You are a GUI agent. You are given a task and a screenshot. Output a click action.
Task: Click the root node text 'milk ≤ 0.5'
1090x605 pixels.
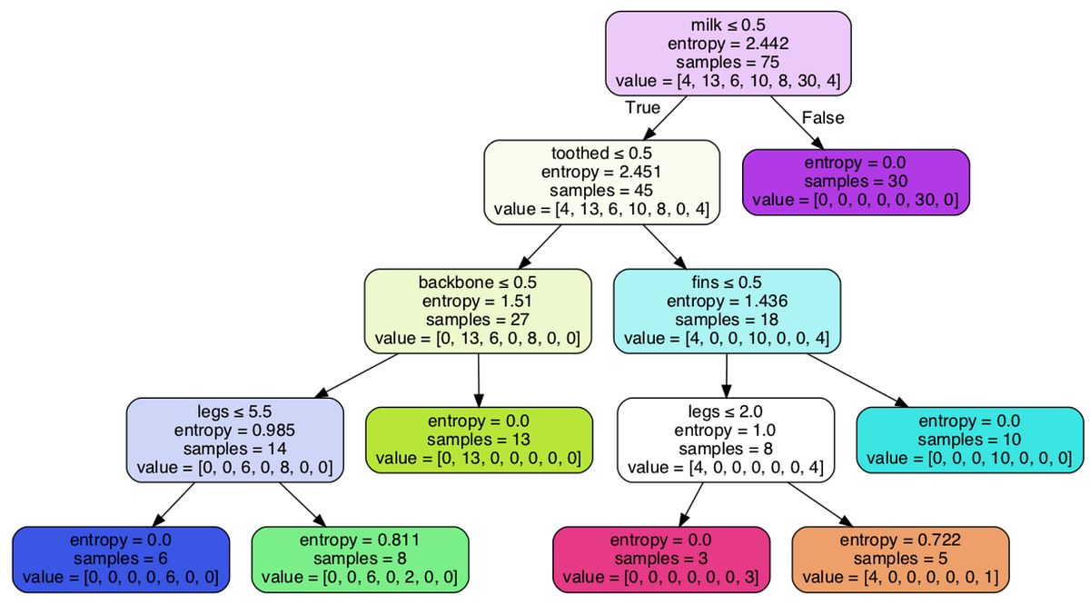click(x=728, y=24)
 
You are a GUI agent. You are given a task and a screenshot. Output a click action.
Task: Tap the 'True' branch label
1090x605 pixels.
click(x=642, y=107)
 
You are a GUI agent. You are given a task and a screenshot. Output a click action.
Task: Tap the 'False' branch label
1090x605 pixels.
click(x=823, y=117)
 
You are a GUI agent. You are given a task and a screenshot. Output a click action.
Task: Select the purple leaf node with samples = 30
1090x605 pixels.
click(x=856, y=182)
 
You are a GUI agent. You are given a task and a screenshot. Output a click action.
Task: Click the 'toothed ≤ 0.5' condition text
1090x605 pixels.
click(x=601, y=153)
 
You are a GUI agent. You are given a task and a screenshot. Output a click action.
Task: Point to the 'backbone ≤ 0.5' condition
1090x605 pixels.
click(x=478, y=281)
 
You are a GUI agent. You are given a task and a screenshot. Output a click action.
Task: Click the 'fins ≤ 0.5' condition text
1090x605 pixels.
click(x=727, y=281)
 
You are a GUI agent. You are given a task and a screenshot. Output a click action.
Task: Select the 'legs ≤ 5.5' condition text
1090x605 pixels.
click(x=234, y=410)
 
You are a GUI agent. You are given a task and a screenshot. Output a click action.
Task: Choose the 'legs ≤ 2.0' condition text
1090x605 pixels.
click(x=726, y=410)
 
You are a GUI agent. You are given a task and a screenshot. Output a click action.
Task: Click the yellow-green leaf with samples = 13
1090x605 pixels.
click(x=479, y=440)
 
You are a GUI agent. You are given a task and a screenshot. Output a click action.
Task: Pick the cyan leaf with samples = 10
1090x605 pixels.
click(x=969, y=440)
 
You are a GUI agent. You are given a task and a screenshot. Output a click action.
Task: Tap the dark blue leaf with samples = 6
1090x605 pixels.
click(x=120, y=558)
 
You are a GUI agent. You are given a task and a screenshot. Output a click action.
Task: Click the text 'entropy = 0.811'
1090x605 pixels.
click(x=359, y=540)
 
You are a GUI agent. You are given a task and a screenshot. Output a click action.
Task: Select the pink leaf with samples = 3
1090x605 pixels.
click(x=661, y=558)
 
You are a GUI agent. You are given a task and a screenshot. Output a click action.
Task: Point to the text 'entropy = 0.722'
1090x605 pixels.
click(x=900, y=540)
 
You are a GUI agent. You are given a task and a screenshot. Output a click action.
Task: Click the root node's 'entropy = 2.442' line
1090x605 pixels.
click(x=728, y=43)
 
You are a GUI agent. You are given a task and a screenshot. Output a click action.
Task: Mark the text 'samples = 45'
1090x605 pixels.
click(x=601, y=191)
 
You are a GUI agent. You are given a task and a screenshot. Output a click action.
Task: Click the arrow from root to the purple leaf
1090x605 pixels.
click(x=797, y=122)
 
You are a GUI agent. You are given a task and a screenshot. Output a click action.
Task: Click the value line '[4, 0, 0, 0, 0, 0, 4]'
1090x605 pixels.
click(x=726, y=468)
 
